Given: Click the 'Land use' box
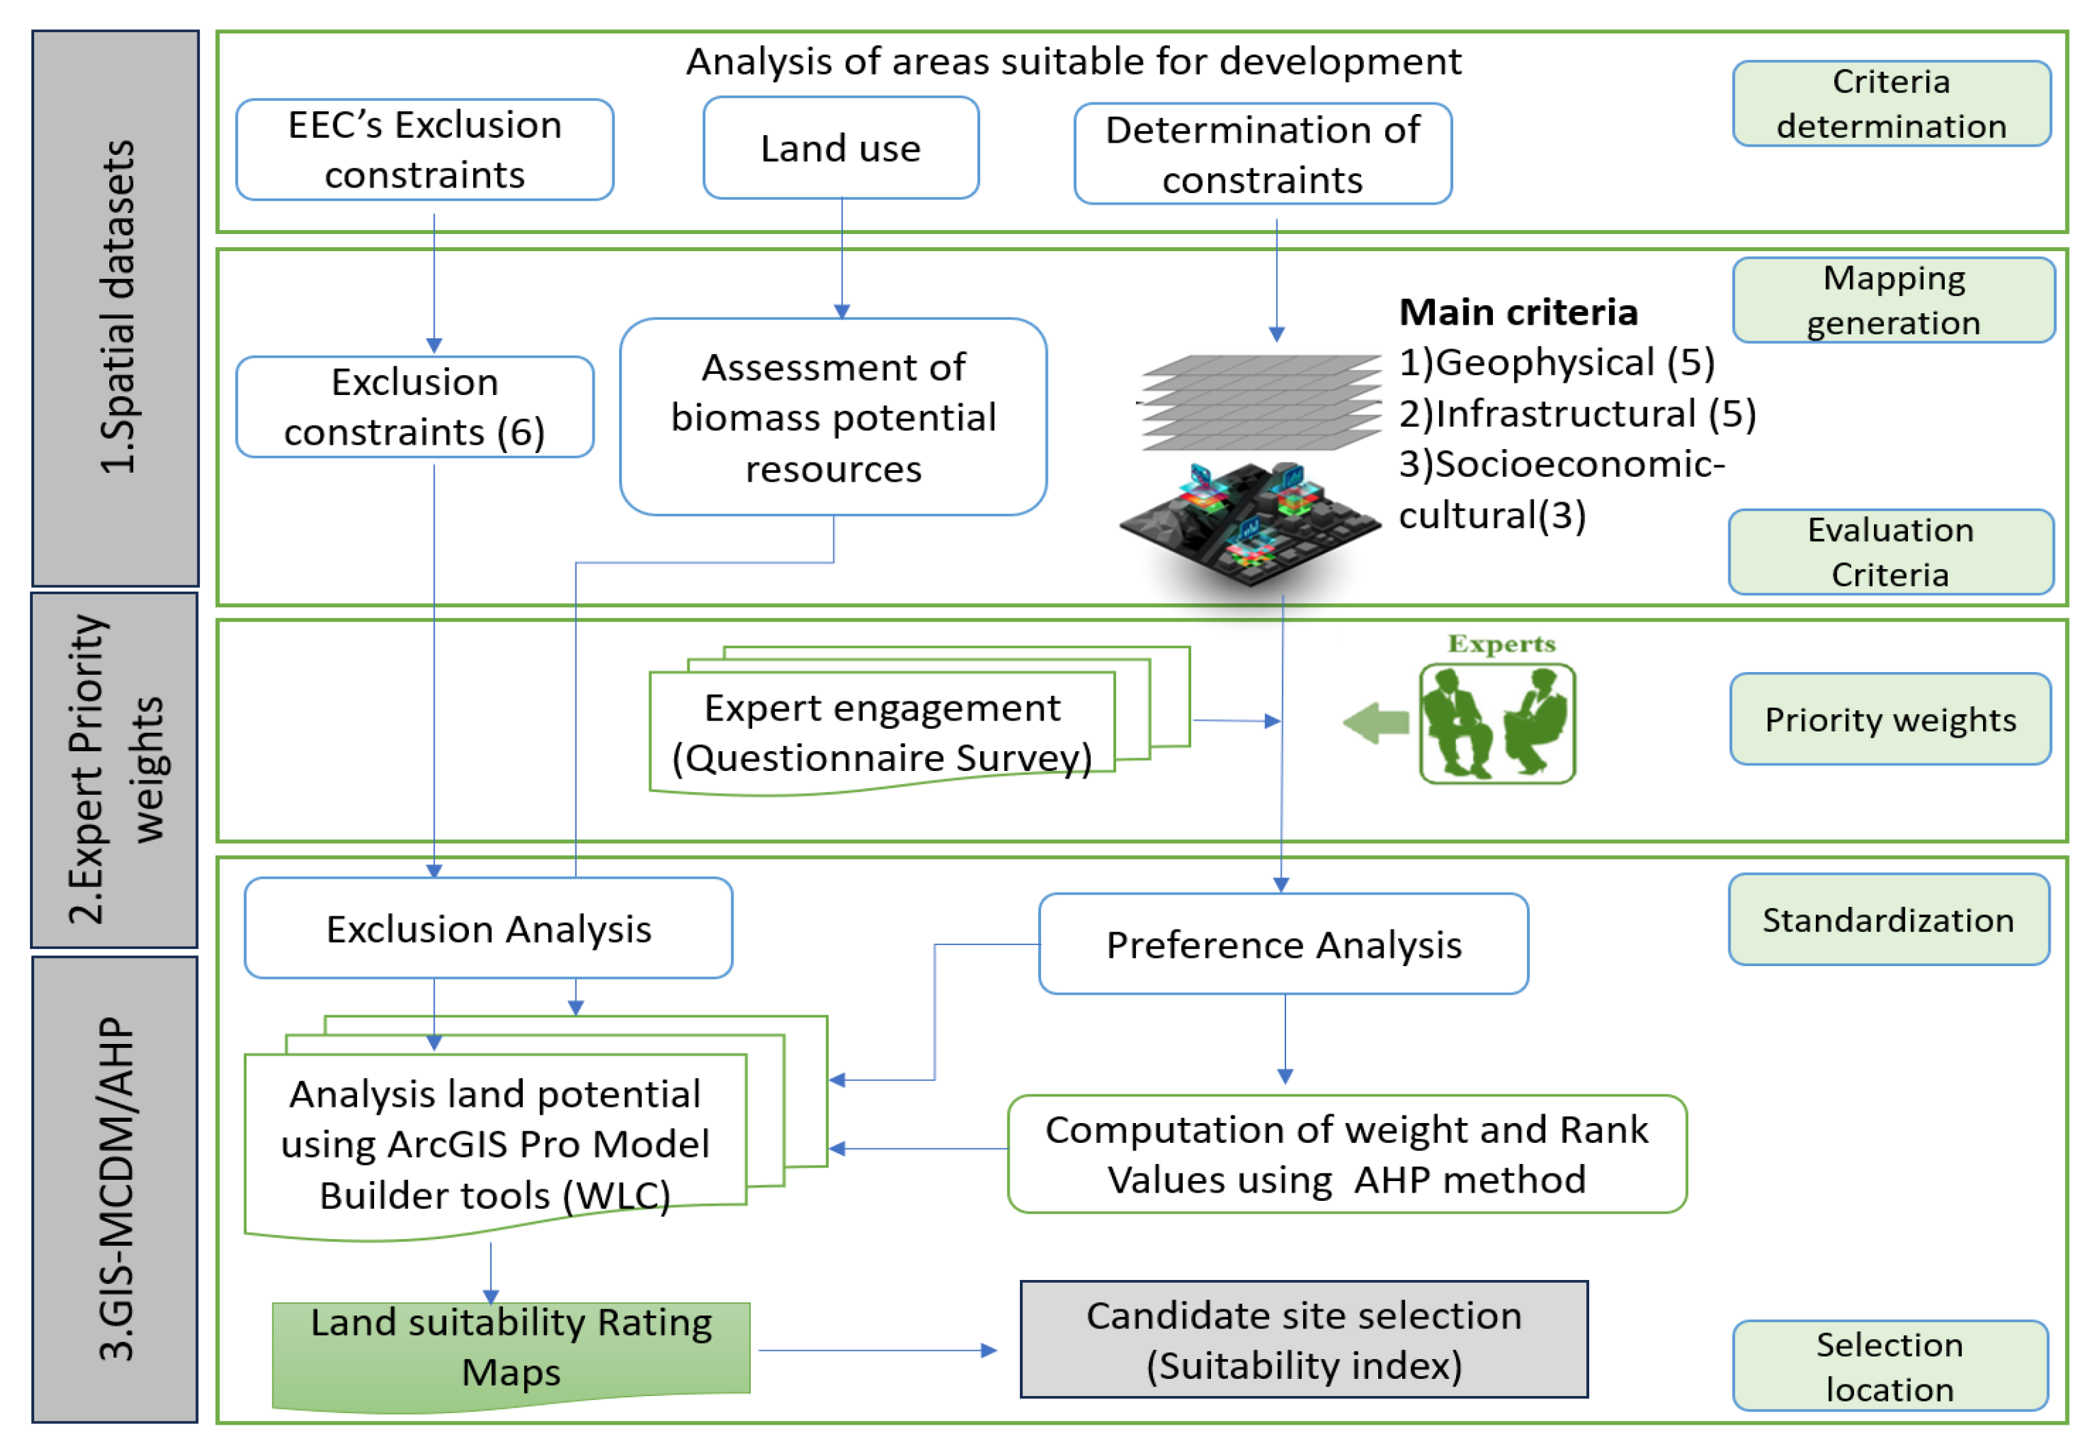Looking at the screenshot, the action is pyautogui.click(x=840, y=147).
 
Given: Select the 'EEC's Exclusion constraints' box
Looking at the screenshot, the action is pyautogui.click(x=425, y=149).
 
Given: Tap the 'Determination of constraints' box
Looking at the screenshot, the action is pyautogui.click(x=1262, y=154).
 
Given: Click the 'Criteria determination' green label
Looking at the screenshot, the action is pyautogui.click(x=1891, y=103).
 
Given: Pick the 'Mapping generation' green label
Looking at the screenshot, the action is pyautogui.click(x=1893, y=300).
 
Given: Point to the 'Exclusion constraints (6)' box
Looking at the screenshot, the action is pyautogui.click(x=414, y=407).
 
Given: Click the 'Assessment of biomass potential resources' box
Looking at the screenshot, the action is pyautogui.click(x=833, y=416).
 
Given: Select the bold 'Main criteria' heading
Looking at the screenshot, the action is pyautogui.click(x=1518, y=312).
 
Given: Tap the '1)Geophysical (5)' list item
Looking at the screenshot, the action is pyautogui.click(x=1556, y=362).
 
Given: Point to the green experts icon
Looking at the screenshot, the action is pyautogui.click(x=1497, y=723).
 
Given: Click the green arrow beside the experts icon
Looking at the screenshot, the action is pyautogui.click(x=1376, y=723).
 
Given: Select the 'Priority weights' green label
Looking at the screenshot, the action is pyautogui.click(x=1890, y=718).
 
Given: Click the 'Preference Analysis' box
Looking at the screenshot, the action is pyautogui.click(x=1283, y=943).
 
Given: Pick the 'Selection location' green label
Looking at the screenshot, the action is pyautogui.click(x=1890, y=1365).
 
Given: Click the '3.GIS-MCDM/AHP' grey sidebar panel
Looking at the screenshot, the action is pyautogui.click(x=115, y=1189).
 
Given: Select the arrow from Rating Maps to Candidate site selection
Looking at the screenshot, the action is pyautogui.click(x=878, y=1350).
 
